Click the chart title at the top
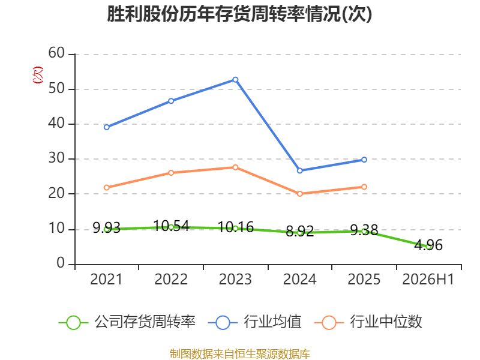pyautogui.click(x=239, y=14)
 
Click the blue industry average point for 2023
pyautogui.click(x=235, y=80)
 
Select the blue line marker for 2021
pyautogui.click(x=107, y=127)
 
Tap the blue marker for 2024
pyautogui.click(x=299, y=170)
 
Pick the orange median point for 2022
pyautogui.click(x=171, y=173)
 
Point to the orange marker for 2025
pyautogui.click(x=364, y=187)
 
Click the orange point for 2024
pyautogui.click(x=299, y=194)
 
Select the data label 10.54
pyautogui.click(x=171, y=226)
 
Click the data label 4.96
pyautogui.click(x=428, y=245)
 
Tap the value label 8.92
pyautogui.click(x=299, y=231)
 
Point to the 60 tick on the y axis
pyautogui.click(x=56, y=53)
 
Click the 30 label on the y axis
pyautogui.click(x=56, y=158)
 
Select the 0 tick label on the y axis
pyautogui.click(x=61, y=263)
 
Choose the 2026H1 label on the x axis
pyautogui.click(x=428, y=279)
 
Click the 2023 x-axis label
pyautogui.click(x=235, y=279)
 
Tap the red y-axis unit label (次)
pyautogui.click(x=38, y=75)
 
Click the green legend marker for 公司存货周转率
pyautogui.click(x=73, y=323)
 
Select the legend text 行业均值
pyautogui.click(x=273, y=322)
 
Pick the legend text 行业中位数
pyautogui.click(x=386, y=322)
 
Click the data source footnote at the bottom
pyautogui.click(x=239, y=354)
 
